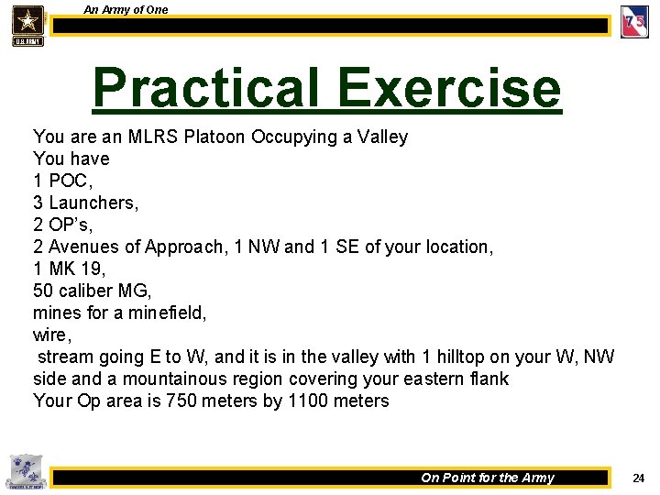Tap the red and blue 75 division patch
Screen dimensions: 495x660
click(634, 22)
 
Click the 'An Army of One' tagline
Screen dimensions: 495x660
click(126, 9)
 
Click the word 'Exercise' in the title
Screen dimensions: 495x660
click(448, 88)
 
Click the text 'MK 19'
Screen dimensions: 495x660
click(76, 269)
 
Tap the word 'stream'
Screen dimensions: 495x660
click(67, 357)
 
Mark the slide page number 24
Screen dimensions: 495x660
click(639, 478)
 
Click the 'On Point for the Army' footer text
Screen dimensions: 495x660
click(488, 478)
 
